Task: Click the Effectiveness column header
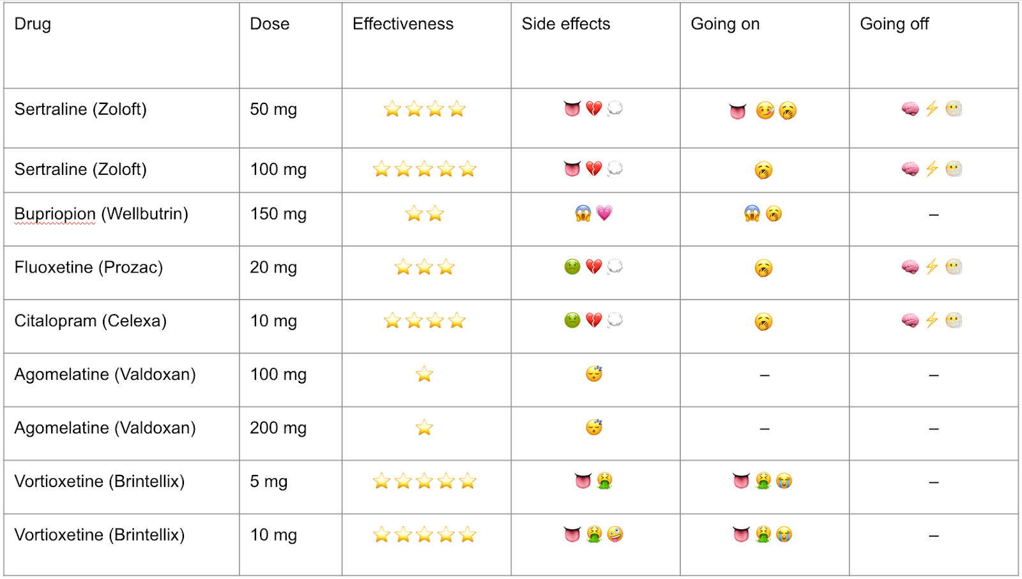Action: pyautogui.click(x=402, y=24)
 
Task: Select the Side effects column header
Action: pyautogui.click(x=565, y=24)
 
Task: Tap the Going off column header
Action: pyautogui.click(x=894, y=24)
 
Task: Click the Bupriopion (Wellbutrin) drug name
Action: pyautogui.click(x=101, y=214)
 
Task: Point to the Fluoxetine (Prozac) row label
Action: pyautogui.click(x=88, y=267)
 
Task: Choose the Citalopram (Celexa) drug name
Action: pyautogui.click(x=90, y=321)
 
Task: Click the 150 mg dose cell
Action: pyautogui.click(x=278, y=214)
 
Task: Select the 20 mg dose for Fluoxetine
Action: pyautogui.click(x=273, y=267)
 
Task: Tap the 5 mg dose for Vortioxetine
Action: pyautogui.click(x=268, y=481)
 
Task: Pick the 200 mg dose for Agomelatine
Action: pyautogui.click(x=278, y=428)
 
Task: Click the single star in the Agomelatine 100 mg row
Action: pyautogui.click(x=424, y=374)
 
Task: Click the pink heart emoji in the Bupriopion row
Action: pyautogui.click(x=604, y=213)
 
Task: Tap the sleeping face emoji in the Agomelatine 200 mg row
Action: pyautogui.click(x=594, y=427)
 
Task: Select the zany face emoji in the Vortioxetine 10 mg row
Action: pyautogui.click(x=615, y=534)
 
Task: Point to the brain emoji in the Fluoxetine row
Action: pyautogui.click(x=910, y=267)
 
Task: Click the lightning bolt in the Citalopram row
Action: pyautogui.click(x=932, y=320)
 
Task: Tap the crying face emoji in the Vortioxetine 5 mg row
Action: pyautogui.click(x=784, y=481)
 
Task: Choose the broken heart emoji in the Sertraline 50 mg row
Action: pyautogui.click(x=593, y=109)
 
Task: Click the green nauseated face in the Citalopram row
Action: pyautogui.click(x=572, y=320)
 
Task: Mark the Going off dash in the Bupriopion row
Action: pyautogui.click(x=933, y=215)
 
